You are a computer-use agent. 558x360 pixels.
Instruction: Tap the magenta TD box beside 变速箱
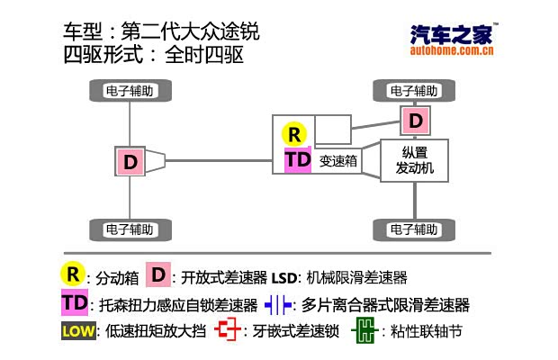297,160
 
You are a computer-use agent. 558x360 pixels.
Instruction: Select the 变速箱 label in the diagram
339,162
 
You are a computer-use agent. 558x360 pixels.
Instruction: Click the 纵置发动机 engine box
414,160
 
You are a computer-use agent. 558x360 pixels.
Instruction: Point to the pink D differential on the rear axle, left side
130,162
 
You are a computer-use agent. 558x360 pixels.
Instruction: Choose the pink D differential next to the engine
414,120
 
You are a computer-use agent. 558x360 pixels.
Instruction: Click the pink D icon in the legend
159,274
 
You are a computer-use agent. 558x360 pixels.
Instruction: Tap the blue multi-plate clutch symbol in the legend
278,304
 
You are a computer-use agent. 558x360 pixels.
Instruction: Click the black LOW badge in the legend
78,331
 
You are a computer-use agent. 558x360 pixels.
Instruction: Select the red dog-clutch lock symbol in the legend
229,331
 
